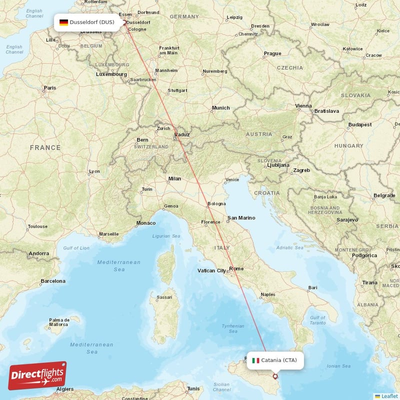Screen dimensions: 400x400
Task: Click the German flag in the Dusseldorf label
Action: pos(63,22)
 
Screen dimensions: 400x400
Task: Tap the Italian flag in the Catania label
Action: pos(255,360)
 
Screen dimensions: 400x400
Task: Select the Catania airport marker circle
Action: pos(274,376)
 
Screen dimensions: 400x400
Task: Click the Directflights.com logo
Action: pos(37,375)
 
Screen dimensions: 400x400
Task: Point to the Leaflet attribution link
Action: pos(389,396)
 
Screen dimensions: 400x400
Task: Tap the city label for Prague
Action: pos(272,53)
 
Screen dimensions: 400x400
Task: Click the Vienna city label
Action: pos(303,106)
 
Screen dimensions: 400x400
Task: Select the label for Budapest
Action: pos(360,124)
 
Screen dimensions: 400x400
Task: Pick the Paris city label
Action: pos(50,88)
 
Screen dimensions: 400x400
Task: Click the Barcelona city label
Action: pos(53,281)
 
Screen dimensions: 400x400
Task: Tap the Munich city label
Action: pos(220,107)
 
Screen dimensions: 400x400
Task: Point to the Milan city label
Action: pos(174,178)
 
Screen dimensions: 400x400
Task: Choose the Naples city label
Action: pos(268,294)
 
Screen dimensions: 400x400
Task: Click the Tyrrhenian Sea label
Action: pos(232,328)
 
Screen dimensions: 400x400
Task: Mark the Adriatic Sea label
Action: pos(289,247)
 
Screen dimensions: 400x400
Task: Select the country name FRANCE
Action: pos(45,147)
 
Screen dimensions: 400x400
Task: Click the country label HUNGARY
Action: pos(349,146)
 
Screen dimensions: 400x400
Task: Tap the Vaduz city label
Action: pos(182,134)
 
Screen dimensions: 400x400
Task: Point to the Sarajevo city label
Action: pos(347,219)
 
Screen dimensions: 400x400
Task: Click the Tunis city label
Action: pos(193,388)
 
